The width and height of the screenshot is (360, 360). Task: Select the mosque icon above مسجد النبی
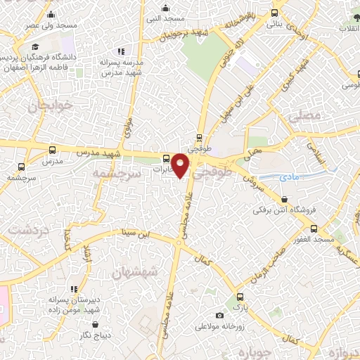[166, 8]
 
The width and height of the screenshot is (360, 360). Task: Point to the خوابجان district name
[46, 106]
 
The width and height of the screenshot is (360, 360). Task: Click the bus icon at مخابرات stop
[166, 158]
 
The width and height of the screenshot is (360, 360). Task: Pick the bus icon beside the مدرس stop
[53, 150]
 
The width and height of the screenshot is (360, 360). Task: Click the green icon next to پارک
[240, 297]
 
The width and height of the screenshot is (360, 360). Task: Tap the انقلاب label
[349, 28]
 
